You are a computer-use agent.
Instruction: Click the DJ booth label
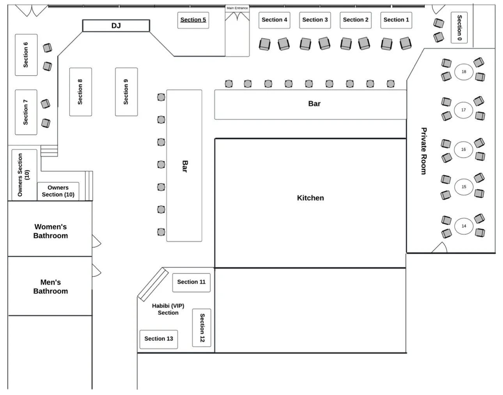click(x=116, y=26)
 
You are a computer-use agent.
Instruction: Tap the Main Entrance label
click(x=237, y=8)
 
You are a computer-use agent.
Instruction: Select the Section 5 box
click(x=193, y=20)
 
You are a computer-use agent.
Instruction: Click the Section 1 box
click(x=396, y=20)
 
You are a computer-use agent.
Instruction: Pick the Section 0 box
click(x=459, y=27)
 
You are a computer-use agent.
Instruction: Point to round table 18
click(x=464, y=72)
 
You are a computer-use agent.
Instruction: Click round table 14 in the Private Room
click(x=464, y=226)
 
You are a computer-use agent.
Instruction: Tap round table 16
click(x=464, y=149)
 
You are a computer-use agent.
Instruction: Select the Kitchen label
click(x=310, y=198)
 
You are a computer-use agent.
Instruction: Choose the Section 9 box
click(x=126, y=92)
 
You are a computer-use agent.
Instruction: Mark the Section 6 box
click(x=26, y=55)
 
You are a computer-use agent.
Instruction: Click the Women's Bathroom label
click(x=50, y=231)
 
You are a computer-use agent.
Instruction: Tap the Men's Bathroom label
click(x=50, y=287)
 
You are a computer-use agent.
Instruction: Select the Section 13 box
click(x=159, y=339)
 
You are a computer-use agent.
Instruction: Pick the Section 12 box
click(x=202, y=328)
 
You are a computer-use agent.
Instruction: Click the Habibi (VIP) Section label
click(x=168, y=309)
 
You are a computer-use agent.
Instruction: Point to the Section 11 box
click(x=191, y=282)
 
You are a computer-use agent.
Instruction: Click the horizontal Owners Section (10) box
click(x=58, y=191)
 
